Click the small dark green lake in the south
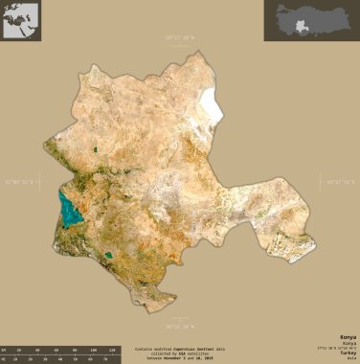pos(110,256)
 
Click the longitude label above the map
pos(179,37)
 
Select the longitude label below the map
pos(179,309)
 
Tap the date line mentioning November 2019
pos(181,358)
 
